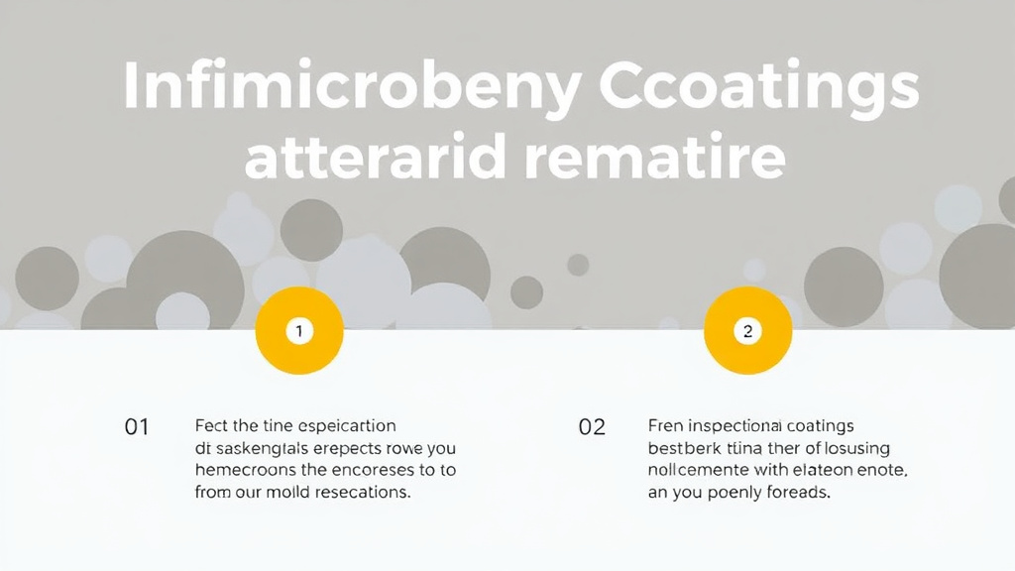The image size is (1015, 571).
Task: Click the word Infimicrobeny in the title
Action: pos(351,89)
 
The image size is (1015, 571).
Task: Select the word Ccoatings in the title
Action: pos(760,89)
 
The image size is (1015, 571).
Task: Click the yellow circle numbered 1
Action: pos(299,331)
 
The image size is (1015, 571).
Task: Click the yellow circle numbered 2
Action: pos(747,331)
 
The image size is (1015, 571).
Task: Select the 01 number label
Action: pos(137,427)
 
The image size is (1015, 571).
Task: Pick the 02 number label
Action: pos(592,427)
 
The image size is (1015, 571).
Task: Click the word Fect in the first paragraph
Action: pos(212,426)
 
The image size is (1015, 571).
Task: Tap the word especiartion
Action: pos(347,426)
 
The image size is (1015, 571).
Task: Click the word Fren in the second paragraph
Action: pos(666,426)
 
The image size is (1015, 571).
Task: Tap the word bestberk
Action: pos(682,448)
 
